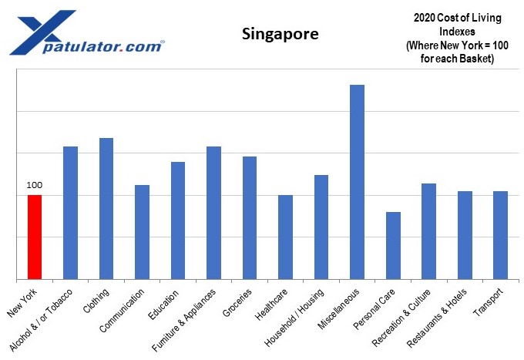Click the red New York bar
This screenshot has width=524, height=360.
pyautogui.click(x=34, y=237)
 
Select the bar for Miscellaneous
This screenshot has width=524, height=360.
pyautogui.click(x=357, y=182)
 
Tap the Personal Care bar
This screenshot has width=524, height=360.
pyautogui.click(x=393, y=245)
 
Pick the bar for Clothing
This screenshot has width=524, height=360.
pyautogui.click(x=106, y=208)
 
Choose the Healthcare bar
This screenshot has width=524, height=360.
pyautogui.click(x=285, y=237)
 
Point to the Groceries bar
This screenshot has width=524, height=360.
pyautogui.click(x=250, y=217)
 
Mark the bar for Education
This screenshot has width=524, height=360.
pyautogui.click(x=177, y=220)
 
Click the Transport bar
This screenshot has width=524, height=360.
pyautogui.click(x=500, y=235)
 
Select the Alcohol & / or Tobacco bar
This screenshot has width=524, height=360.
pyautogui.click(x=70, y=213)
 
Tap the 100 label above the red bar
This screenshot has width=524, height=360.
pyautogui.click(x=34, y=185)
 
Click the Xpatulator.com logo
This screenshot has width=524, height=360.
pyautogui.click(x=85, y=34)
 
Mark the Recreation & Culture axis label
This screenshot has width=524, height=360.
pyautogui.click(x=411, y=316)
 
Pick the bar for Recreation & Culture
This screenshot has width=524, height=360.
pyautogui.click(x=428, y=231)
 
